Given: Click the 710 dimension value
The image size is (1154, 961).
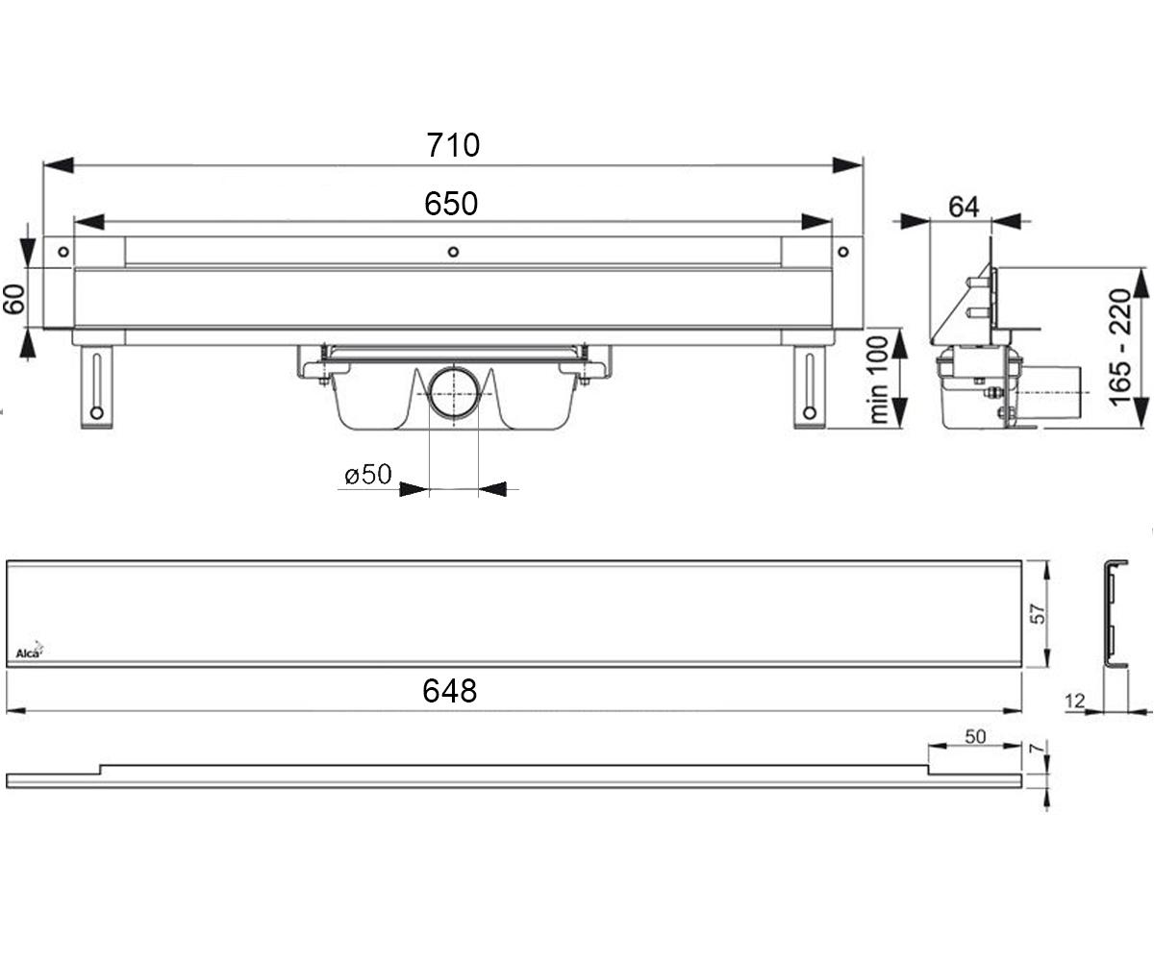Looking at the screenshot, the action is (453, 145).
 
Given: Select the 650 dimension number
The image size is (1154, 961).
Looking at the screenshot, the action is (451, 204).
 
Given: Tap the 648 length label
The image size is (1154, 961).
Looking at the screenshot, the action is (449, 690).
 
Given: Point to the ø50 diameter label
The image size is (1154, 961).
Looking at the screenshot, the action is (368, 474).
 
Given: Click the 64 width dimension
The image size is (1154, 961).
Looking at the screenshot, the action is (964, 208).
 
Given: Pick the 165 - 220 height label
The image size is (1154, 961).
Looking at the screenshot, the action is (1120, 347).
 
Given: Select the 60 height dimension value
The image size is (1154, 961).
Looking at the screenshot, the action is (13, 299).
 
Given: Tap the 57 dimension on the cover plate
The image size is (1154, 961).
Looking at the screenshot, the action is (1038, 613).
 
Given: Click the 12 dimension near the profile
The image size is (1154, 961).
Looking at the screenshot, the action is (1074, 702).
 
